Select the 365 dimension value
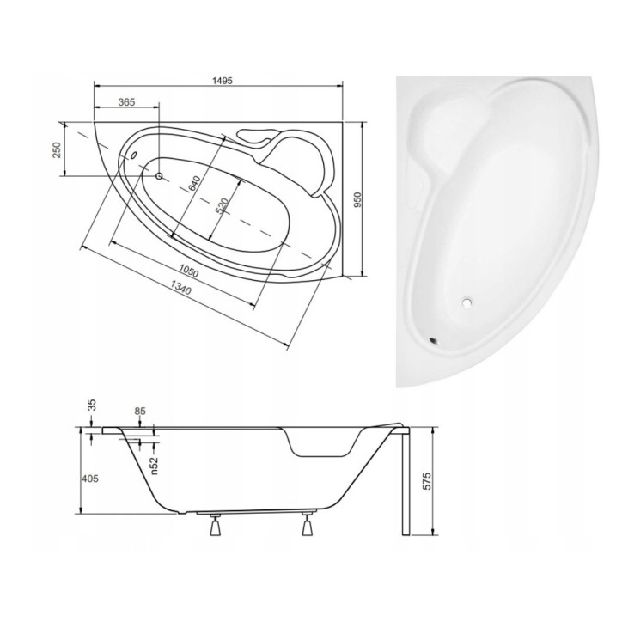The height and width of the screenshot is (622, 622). coord(125,102)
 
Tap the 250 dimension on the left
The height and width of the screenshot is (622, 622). coord(57,149)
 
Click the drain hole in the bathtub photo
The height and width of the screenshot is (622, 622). coord(466,302)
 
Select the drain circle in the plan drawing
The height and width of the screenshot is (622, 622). coord(159,175)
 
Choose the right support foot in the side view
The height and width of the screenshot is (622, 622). coord(305,526)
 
